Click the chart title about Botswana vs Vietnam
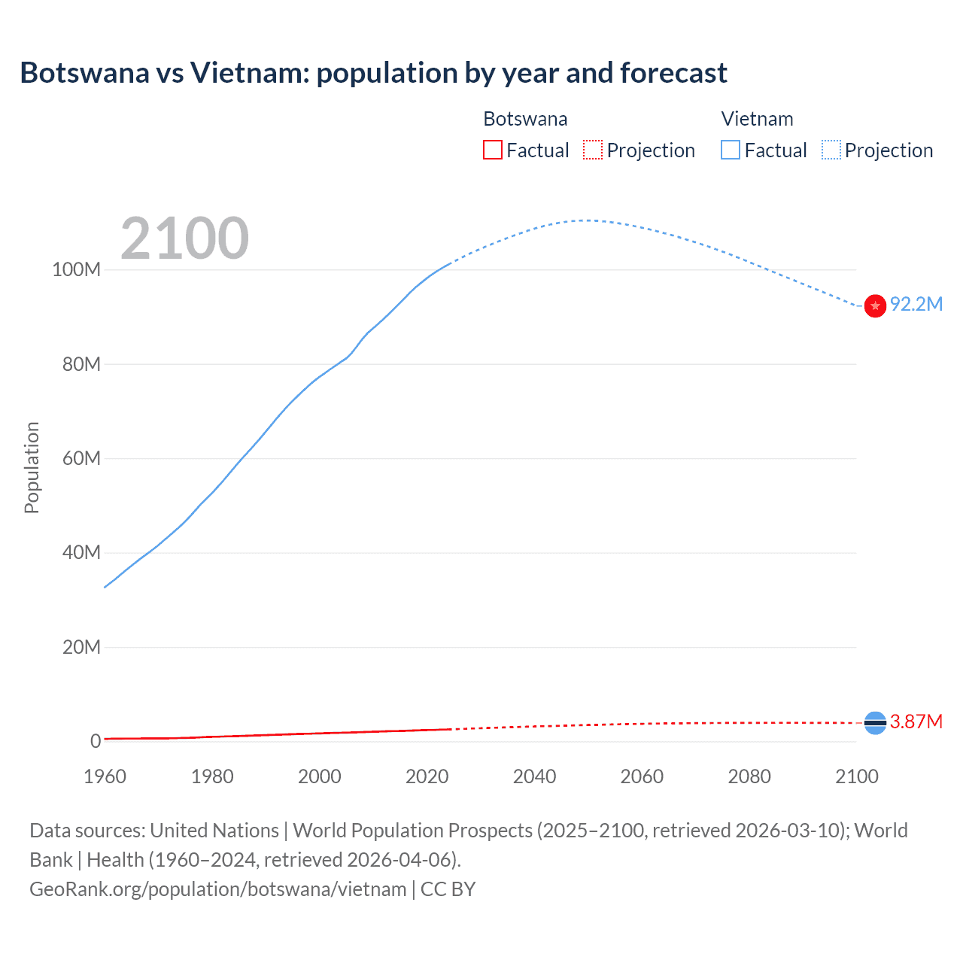pos(373,73)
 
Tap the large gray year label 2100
pos(184,238)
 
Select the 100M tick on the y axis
pos(76,270)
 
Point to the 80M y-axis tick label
pos(81,364)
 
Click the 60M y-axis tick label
pos(81,458)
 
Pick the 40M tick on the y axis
pos(81,552)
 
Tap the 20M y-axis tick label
pos(81,647)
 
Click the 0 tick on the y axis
pos(96,741)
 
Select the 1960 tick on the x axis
pos(105,776)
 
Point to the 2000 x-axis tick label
pos(320,776)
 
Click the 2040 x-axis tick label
pos(534,776)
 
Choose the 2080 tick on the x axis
pos(749,776)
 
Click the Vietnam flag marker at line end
pos(875,305)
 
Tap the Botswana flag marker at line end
pos(875,723)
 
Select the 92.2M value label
pos(916,304)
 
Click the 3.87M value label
pos(916,722)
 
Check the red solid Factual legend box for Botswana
pos(493,150)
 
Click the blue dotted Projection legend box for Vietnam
pos(831,150)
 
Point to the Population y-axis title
pos(32,467)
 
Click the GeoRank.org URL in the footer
pos(218,889)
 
